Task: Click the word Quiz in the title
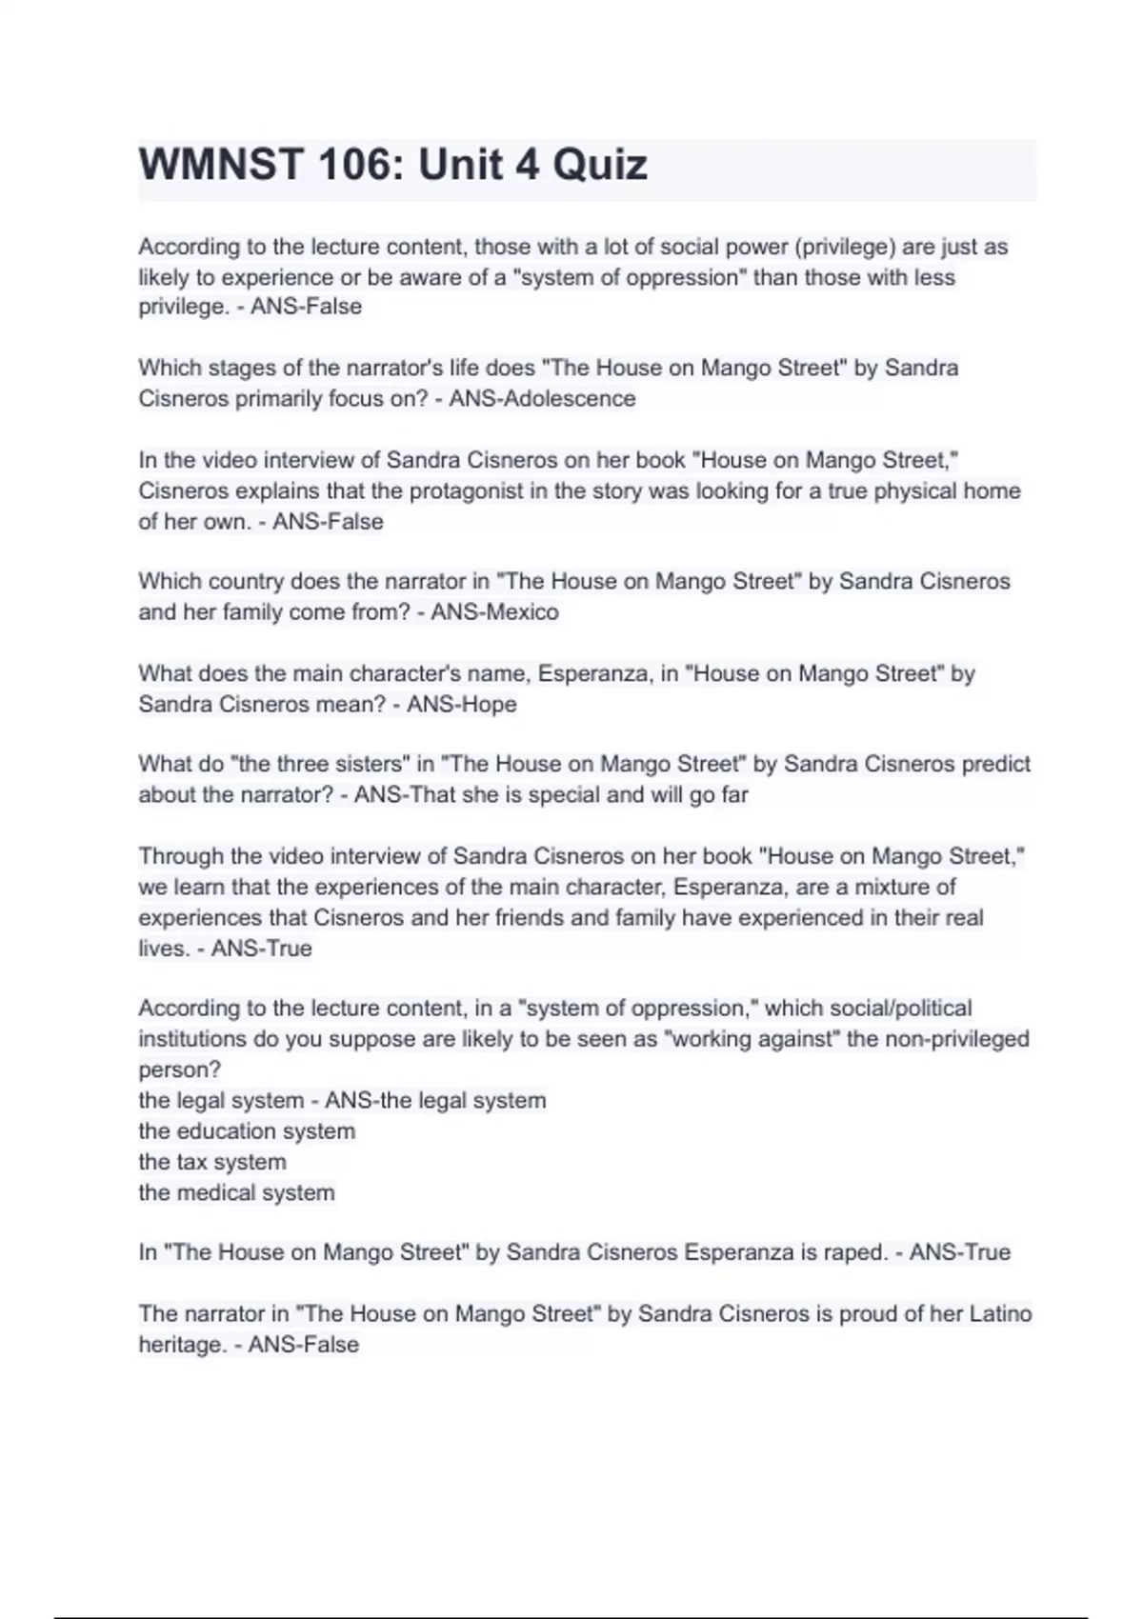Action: (x=600, y=165)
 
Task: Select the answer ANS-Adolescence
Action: (x=542, y=398)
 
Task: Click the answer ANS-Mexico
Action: (x=494, y=611)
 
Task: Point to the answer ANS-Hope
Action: (x=462, y=704)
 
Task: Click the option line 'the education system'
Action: (x=247, y=1130)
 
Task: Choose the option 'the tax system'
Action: (x=212, y=1161)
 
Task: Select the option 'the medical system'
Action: (x=236, y=1192)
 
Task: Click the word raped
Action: (x=855, y=1251)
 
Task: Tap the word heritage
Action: (x=182, y=1344)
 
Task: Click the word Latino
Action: (x=1000, y=1313)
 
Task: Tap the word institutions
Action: (x=194, y=1038)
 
